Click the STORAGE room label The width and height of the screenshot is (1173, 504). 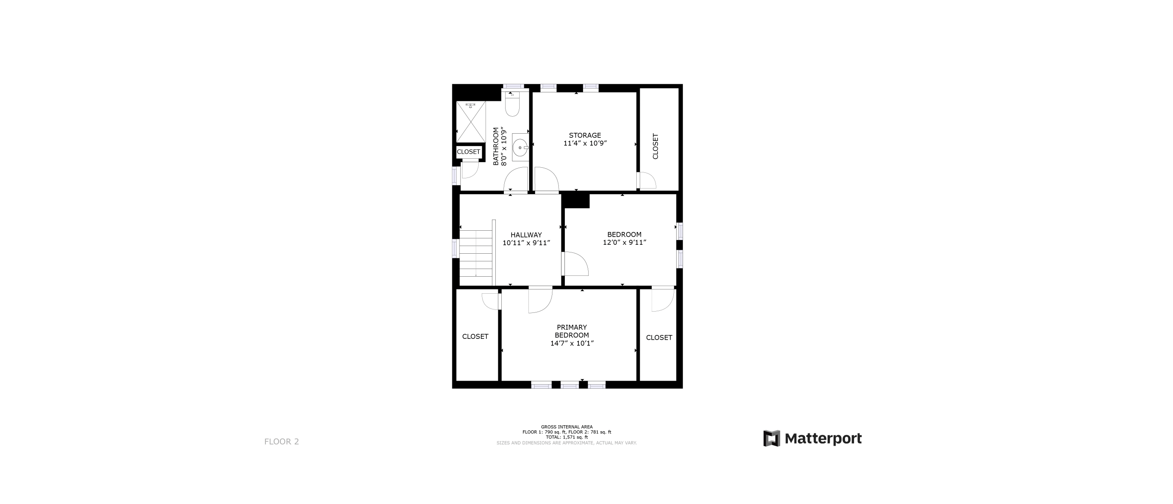coord(585,135)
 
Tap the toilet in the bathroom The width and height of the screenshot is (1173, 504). coord(512,104)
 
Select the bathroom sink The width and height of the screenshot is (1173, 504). coord(520,147)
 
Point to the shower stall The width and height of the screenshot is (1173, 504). coord(471,122)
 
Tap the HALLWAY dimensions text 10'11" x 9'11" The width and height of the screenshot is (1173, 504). coord(526,243)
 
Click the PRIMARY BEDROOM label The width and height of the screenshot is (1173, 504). coord(572,331)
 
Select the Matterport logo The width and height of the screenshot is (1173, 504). coord(812,438)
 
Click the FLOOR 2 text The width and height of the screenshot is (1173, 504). coord(282,441)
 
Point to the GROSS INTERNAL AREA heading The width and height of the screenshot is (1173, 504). coord(567,427)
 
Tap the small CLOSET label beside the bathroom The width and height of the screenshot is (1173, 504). coord(469,152)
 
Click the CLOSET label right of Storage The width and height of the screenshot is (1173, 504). coord(655,146)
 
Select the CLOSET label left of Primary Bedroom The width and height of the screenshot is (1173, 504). coord(475,336)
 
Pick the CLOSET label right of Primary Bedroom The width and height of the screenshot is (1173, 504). coord(659,338)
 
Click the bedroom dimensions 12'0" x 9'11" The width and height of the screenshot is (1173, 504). coord(624,243)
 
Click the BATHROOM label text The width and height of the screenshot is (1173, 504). coord(496,146)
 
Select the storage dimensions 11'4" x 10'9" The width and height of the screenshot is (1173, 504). coord(585,143)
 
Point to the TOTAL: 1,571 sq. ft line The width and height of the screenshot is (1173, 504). coord(567,437)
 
